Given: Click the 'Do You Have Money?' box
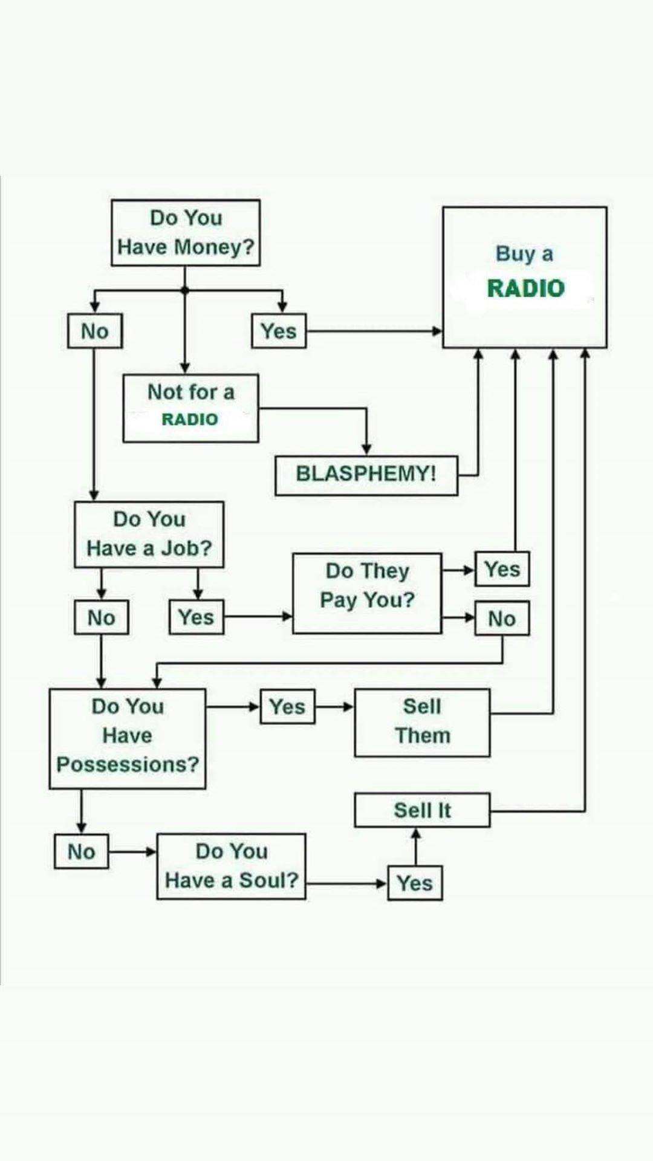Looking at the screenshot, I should pyautogui.click(x=186, y=233).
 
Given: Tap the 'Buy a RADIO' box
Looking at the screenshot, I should pyautogui.click(x=524, y=277).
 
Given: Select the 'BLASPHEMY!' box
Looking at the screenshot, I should pyautogui.click(x=366, y=475).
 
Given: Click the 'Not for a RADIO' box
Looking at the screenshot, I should pyautogui.click(x=190, y=408).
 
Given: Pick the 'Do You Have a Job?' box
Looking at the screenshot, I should pyautogui.click(x=149, y=534).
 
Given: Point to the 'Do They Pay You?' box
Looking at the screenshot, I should pyautogui.click(x=367, y=593).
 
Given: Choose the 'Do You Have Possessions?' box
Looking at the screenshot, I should pyautogui.click(x=127, y=738).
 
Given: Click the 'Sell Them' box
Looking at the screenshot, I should pyautogui.click(x=422, y=722).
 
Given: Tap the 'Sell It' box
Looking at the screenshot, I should pyautogui.click(x=422, y=810).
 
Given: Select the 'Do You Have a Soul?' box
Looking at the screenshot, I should pyautogui.click(x=231, y=866).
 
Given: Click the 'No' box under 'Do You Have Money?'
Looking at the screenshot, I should pyautogui.click(x=95, y=331).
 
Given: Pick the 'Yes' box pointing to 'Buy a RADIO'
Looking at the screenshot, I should pyautogui.click(x=279, y=331).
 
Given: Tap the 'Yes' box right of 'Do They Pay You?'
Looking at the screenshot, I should pyautogui.click(x=502, y=569).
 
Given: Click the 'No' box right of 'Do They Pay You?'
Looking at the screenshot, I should pyautogui.click(x=502, y=619).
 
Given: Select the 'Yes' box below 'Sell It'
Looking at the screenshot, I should pyautogui.click(x=415, y=883).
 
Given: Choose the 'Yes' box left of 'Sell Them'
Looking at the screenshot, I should pyautogui.click(x=287, y=706).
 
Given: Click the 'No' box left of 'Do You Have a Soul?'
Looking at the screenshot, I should pyautogui.click(x=82, y=851).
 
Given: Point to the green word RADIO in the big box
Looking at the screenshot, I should pyautogui.click(x=525, y=288).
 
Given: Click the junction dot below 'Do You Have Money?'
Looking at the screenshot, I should pyautogui.click(x=185, y=290).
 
